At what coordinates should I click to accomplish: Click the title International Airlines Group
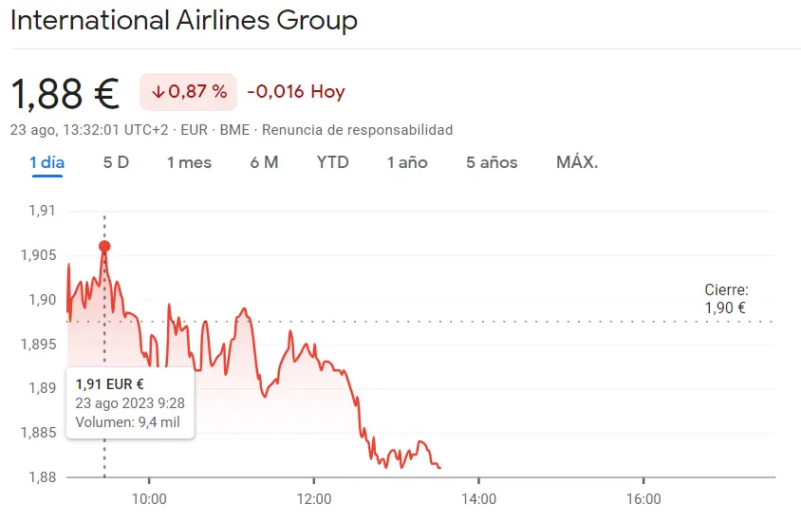(x=184, y=21)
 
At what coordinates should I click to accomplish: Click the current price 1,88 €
(x=65, y=93)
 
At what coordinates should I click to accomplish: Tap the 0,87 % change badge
(x=188, y=92)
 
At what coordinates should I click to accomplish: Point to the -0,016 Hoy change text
(x=296, y=92)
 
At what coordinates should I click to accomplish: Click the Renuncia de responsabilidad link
(x=357, y=130)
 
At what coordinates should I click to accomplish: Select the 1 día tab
(x=47, y=162)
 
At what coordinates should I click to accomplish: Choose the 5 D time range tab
(x=116, y=162)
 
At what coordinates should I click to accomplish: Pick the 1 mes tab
(x=189, y=162)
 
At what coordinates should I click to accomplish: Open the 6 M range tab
(x=264, y=162)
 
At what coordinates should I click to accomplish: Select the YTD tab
(x=332, y=162)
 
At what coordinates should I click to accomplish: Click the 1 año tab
(x=406, y=162)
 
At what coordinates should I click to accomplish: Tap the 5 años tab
(x=492, y=162)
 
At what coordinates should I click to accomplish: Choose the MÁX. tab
(x=577, y=162)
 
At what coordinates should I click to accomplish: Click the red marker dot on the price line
(x=104, y=247)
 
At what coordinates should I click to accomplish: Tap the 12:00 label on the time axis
(x=314, y=499)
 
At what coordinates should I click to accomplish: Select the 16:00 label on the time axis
(x=643, y=499)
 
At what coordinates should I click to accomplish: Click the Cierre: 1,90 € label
(x=726, y=299)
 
